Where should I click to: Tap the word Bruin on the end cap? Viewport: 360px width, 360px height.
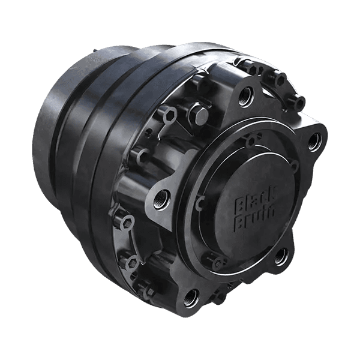tap(253, 218)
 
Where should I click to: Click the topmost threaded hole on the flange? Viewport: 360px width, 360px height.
tap(247, 94)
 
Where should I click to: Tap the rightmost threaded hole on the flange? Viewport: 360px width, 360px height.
tap(313, 142)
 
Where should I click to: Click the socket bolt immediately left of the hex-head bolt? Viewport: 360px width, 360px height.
tap(169, 113)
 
